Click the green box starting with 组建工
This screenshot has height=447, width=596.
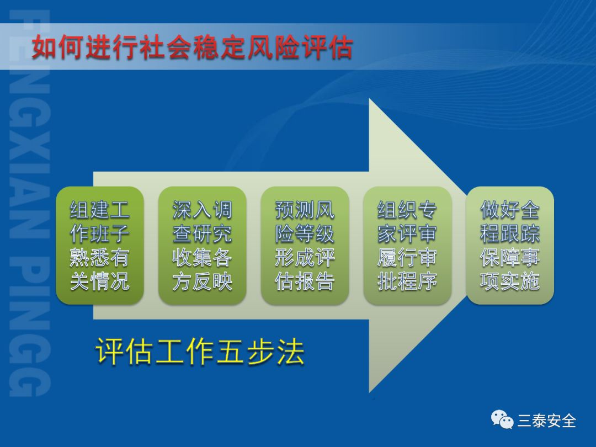pos(99,245)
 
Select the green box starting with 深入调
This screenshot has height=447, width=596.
pos(202,245)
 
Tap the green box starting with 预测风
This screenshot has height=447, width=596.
pos(305,245)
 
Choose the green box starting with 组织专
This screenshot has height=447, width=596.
pos(407,245)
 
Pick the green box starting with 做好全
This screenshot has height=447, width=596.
pos(510,245)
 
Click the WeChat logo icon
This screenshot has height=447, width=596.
pos(502,419)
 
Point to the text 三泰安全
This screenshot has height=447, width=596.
pos(546,421)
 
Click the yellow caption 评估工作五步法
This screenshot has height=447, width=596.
pos(200,352)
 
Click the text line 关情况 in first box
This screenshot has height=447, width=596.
pos(99,281)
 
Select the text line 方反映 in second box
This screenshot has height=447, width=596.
pos(202,281)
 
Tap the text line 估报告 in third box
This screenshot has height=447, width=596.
pos(305,281)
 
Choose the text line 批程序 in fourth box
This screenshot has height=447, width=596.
pos(407,281)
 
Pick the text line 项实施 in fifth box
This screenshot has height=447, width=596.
pos(510,281)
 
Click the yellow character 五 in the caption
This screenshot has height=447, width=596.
pos(230,352)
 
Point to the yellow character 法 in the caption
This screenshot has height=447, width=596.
pos(291,352)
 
